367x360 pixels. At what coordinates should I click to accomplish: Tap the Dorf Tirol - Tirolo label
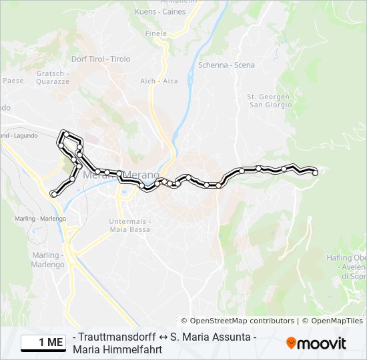click(x=101, y=59)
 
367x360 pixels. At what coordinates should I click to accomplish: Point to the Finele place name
click(x=155, y=33)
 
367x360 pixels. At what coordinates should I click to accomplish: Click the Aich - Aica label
click(x=159, y=81)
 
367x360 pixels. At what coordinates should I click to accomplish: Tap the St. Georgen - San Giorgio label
click(x=270, y=101)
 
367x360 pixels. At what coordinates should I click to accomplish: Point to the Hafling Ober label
click(x=346, y=258)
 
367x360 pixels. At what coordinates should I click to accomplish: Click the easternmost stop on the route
click(x=315, y=173)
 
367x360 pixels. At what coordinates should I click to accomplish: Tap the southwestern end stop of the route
click(x=53, y=194)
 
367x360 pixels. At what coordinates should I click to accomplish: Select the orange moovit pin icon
click(x=291, y=343)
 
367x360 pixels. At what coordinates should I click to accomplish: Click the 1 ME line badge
click(x=43, y=343)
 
